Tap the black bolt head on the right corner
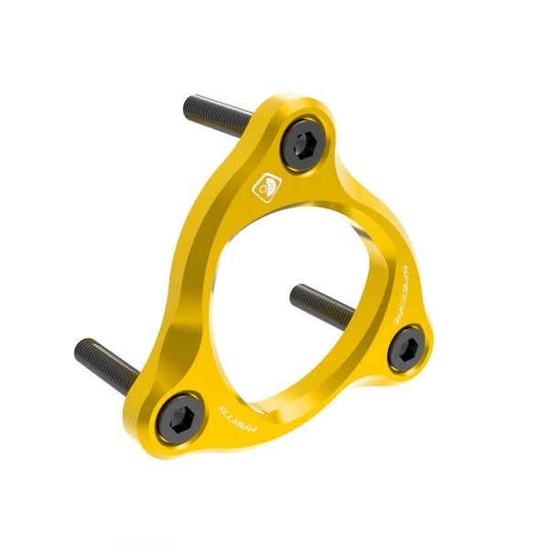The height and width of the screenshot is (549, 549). [x=406, y=349]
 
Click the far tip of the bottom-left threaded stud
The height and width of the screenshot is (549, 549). [x=79, y=345]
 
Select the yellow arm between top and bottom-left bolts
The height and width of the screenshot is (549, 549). [x=197, y=302]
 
